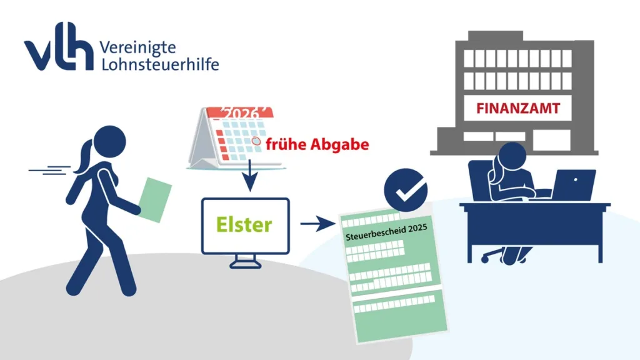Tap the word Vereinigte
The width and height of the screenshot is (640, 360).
coord(137,47)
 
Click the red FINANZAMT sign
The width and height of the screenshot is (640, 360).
coord(518,108)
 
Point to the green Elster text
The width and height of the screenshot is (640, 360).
coord(244,224)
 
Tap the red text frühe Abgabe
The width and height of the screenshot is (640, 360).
coord(317,144)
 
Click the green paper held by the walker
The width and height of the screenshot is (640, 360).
coord(154,199)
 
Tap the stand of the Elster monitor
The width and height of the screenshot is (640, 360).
coord(245,261)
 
